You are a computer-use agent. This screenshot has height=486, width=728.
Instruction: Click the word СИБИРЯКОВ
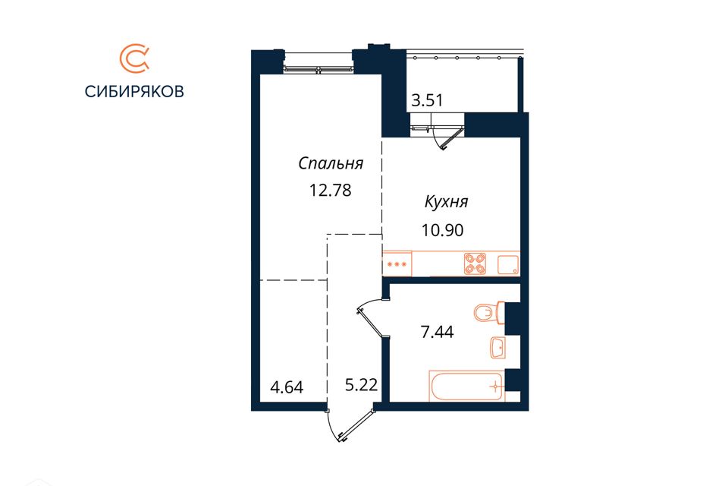[134, 92]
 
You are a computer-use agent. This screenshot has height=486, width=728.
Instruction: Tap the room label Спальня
[331, 164]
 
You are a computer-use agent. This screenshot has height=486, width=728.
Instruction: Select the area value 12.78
[331, 190]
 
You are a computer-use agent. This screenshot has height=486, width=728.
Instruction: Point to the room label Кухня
[446, 202]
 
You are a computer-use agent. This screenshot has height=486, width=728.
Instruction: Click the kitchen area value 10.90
[442, 230]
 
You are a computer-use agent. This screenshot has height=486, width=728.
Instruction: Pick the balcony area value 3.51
[427, 100]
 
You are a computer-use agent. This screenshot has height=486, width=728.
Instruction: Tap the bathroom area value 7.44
[437, 332]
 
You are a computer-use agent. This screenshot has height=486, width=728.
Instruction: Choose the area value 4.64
[287, 387]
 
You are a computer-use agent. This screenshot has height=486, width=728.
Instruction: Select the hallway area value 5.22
[361, 385]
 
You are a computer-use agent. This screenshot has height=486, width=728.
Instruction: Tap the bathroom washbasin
[498, 347]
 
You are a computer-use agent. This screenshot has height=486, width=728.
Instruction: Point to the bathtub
[466, 386]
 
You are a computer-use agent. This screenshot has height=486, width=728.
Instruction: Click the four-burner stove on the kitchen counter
[475, 264]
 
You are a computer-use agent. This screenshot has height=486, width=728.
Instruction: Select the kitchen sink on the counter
[508, 264]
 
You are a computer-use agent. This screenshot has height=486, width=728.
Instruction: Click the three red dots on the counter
[397, 264]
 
